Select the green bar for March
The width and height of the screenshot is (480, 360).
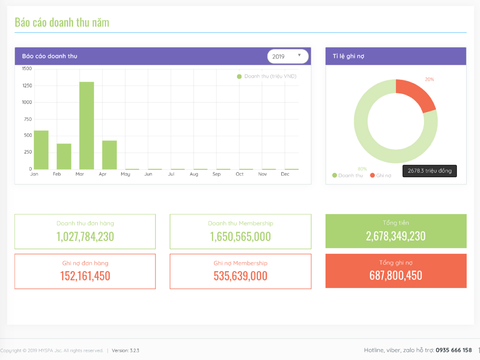pyautogui.click(x=86, y=126)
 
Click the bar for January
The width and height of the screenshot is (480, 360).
pyautogui.click(x=41, y=150)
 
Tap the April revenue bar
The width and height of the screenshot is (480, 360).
pyautogui.click(x=109, y=155)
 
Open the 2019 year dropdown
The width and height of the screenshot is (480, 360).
pyautogui.click(x=288, y=57)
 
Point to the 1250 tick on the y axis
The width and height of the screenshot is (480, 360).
pyautogui.click(x=26, y=85)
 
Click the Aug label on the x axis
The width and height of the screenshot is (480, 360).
pyautogui.click(x=194, y=174)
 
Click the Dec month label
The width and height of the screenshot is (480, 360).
pyautogui.click(x=285, y=174)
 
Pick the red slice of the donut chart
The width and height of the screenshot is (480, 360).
pyautogui.click(x=414, y=96)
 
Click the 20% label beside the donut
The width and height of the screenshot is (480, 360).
pyautogui.click(x=429, y=79)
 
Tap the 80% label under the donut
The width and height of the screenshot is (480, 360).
pyautogui.click(x=362, y=169)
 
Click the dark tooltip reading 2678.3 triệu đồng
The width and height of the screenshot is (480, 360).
pyautogui.click(x=430, y=171)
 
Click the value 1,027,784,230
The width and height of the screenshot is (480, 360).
pyautogui.click(x=85, y=237)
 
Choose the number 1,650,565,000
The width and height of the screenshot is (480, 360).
pyautogui.click(x=240, y=237)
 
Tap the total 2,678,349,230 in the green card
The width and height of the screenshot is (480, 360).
pyautogui.click(x=396, y=236)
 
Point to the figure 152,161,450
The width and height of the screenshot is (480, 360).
pyautogui.click(x=85, y=276)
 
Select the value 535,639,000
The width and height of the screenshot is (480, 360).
pyautogui.click(x=240, y=276)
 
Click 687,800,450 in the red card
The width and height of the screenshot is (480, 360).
pyautogui.click(x=396, y=276)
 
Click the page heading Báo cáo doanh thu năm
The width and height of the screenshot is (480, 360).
pyautogui.click(x=62, y=22)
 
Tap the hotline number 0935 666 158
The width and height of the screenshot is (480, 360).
pyautogui.click(x=454, y=350)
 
